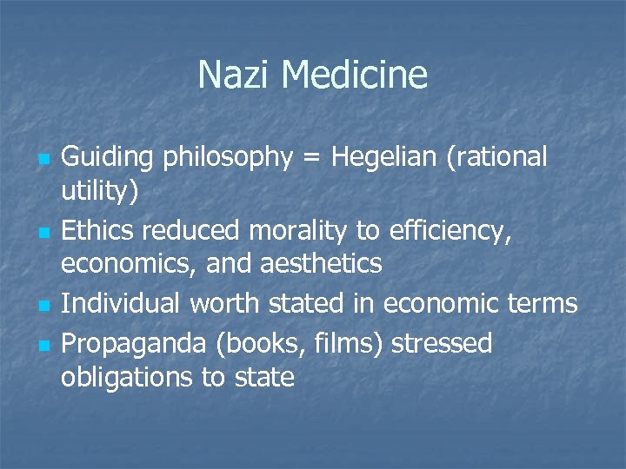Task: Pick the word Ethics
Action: tap(97, 230)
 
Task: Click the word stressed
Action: tap(442, 343)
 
